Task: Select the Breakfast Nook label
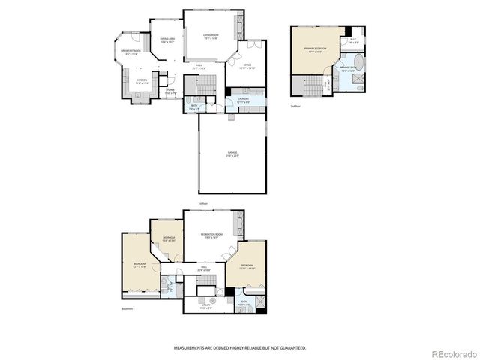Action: (130, 52)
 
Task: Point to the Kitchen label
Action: (142, 82)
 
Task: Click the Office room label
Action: (249, 65)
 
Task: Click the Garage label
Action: (232, 154)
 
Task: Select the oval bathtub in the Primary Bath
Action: (357, 61)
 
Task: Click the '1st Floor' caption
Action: (202, 203)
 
